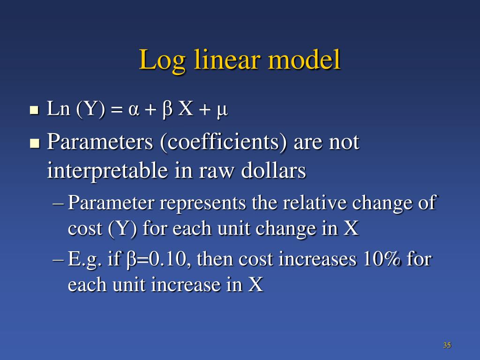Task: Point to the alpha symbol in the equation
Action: (x=134, y=110)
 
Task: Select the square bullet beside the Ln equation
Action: (x=34, y=111)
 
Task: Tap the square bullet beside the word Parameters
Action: (x=34, y=142)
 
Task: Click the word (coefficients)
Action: (x=224, y=142)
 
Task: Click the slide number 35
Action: (x=447, y=345)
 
